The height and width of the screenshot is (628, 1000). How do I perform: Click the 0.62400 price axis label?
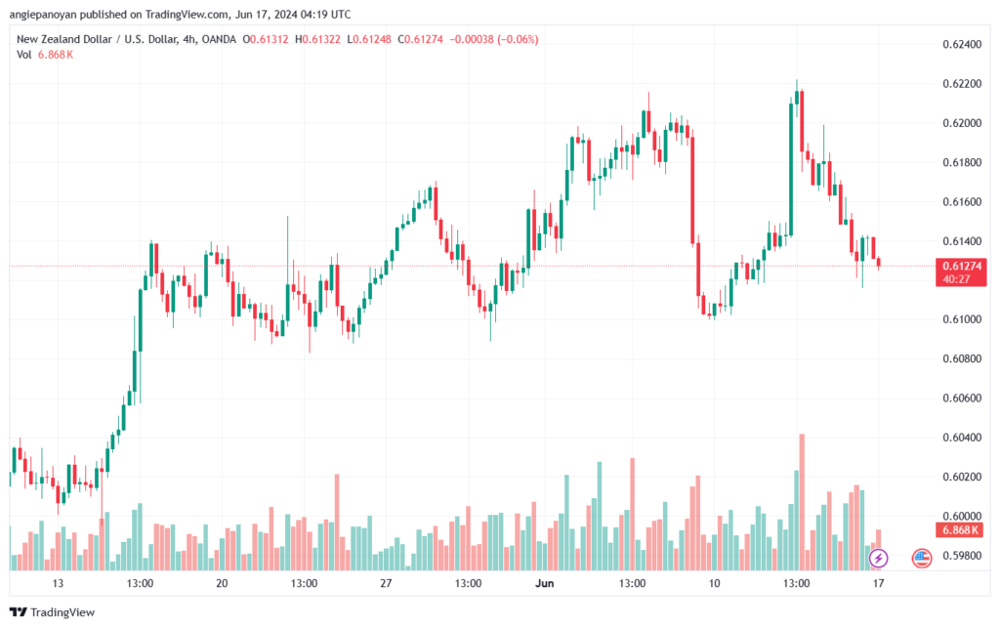coord(962,44)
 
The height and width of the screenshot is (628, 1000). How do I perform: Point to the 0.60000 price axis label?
coord(962,516)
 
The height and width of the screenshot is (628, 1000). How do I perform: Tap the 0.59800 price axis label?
coord(962,556)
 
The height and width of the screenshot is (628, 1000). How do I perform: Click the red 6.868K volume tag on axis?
coord(961,529)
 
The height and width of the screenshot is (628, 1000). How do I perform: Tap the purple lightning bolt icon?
coord(878,559)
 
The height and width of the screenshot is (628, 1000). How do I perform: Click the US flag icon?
coord(922,559)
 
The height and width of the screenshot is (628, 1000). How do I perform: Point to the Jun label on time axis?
coord(545,583)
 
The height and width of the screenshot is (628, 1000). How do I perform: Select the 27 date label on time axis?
coord(386,583)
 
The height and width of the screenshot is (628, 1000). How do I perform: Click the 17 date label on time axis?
coord(878,583)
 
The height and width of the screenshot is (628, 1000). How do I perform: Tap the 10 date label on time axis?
coord(714,583)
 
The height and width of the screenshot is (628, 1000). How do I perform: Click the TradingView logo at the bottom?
coord(53,612)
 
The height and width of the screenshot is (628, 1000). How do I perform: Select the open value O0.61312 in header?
coord(266,39)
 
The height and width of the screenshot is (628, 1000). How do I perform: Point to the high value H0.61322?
coord(317,39)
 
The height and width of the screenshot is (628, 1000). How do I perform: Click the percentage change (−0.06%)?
coord(518,39)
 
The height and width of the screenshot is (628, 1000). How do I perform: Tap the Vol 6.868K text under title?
coord(45,55)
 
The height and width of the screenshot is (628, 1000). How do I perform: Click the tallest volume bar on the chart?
coord(802,502)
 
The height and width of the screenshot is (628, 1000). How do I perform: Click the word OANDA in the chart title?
coord(219,39)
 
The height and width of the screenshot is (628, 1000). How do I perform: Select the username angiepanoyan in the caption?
coord(43,14)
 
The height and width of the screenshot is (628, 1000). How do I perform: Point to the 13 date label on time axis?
coord(58,583)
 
